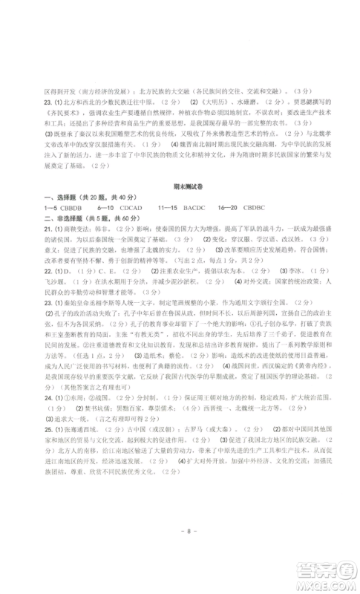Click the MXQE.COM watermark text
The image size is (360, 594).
pyautogui.click(x=327, y=583)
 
